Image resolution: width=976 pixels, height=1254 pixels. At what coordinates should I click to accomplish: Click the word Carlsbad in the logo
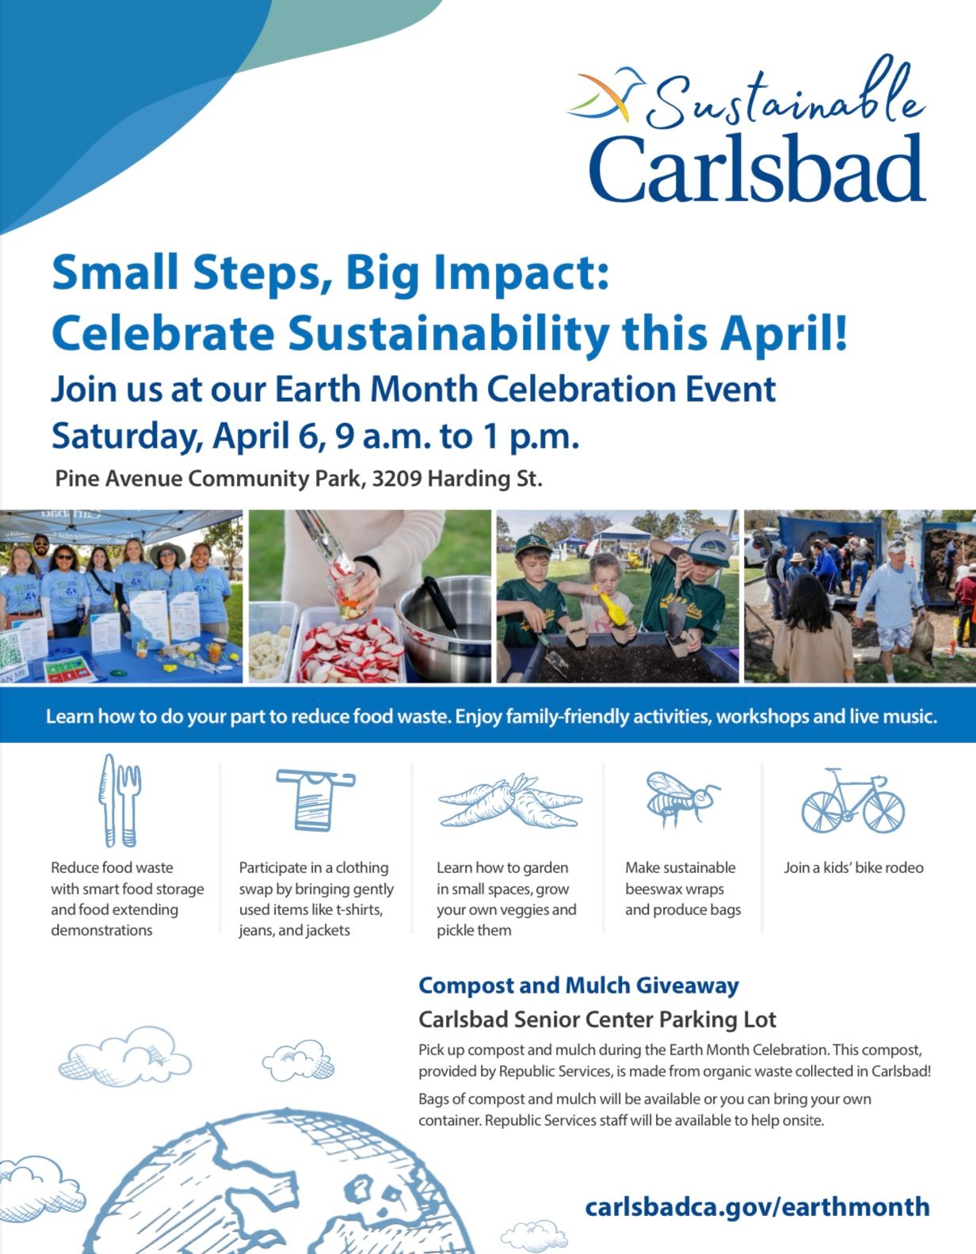click(757, 169)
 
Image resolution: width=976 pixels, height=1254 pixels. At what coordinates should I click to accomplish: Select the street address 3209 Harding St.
click(457, 479)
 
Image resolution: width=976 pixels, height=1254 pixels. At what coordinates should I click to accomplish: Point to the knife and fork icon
click(120, 800)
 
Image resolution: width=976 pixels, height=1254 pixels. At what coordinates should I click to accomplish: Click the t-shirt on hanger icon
click(315, 800)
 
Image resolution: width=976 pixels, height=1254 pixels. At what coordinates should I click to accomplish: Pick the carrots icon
click(510, 802)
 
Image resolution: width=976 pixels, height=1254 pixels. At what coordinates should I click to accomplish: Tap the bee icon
click(682, 799)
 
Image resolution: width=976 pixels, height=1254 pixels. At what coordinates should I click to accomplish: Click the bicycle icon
click(852, 800)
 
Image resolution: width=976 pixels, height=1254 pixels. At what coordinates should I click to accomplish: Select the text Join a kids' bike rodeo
click(853, 868)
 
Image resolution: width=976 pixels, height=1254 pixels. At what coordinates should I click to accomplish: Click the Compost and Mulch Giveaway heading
click(578, 985)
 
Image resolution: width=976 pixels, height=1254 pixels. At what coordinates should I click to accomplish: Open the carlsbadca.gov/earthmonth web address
click(757, 1206)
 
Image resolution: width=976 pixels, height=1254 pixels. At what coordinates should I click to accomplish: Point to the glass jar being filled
click(346, 592)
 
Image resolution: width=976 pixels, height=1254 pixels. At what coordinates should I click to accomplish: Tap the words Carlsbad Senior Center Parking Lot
click(597, 1020)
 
